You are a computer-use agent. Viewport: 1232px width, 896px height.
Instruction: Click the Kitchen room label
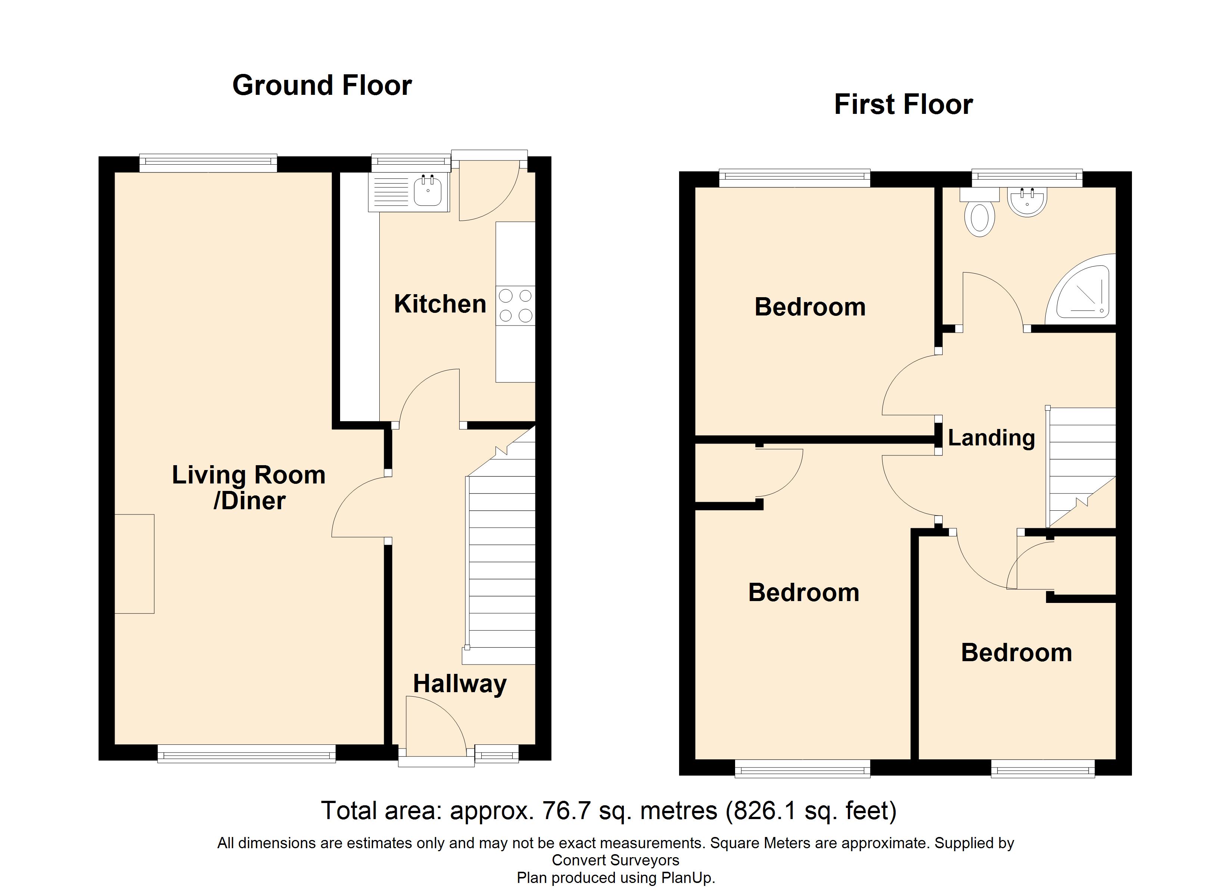[x=440, y=304]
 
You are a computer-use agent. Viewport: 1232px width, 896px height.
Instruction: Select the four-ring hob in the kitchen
[x=516, y=305]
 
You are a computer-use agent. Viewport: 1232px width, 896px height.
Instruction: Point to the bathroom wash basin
[x=1027, y=202]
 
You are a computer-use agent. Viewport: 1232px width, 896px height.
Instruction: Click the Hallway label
[x=460, y=684]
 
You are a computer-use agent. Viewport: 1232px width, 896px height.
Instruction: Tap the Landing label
[x=991, y=438]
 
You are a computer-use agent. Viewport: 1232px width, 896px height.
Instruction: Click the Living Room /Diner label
[x=249, y=488]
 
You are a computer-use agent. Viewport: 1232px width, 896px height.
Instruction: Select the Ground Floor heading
[x=322, y=85]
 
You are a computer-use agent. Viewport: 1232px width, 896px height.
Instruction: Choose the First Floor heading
[x=903, y=104]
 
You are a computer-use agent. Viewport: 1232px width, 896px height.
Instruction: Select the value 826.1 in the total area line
[x=766, y=811]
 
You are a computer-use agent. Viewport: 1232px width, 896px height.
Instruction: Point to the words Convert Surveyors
[x=616, y=860]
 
